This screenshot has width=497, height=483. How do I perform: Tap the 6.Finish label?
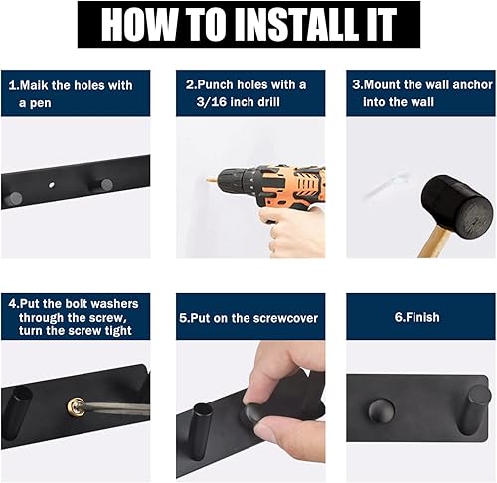[x=417, y=318]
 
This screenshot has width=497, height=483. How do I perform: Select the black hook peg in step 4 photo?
[x=18, y=412]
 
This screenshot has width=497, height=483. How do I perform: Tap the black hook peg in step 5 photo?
[x=200, y=427]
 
